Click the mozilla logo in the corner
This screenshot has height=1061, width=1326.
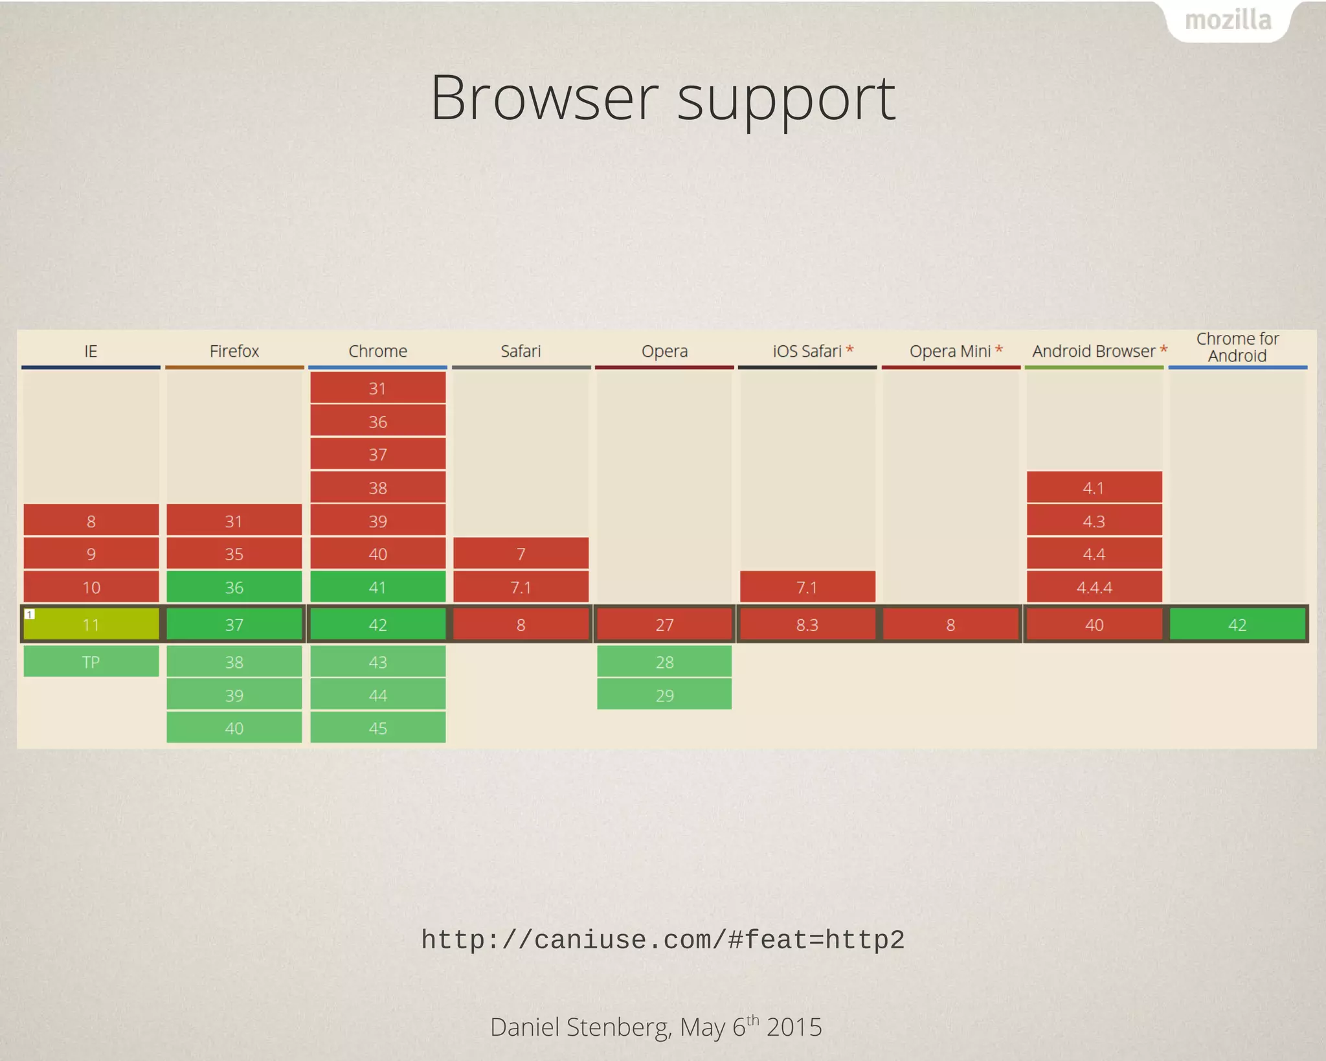point(1228,21)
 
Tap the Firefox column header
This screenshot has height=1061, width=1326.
point(234,351)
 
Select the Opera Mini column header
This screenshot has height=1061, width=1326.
point(950,351)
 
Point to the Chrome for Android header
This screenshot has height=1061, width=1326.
point(1237,347)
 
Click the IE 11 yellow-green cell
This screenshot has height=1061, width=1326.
point(91,624)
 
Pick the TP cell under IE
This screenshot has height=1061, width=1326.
point(91,661)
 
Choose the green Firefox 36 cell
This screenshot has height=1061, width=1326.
point(234,588)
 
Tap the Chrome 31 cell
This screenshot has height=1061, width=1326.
point(377,388)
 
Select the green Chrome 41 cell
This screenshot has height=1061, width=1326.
point(377,588)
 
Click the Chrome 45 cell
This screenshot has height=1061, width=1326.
point(377,728)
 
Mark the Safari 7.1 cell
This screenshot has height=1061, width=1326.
point(521,588)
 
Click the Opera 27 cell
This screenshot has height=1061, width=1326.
point(664,624)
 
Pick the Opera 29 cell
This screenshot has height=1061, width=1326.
point(664,695)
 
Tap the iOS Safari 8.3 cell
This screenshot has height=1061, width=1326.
point(807,624)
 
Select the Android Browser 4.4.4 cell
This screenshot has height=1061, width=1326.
point(1094,588)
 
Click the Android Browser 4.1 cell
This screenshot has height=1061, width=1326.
point(1094,488)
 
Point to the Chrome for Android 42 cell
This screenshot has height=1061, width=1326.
point(1237,624)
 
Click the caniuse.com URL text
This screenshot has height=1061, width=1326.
point(662,940)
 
